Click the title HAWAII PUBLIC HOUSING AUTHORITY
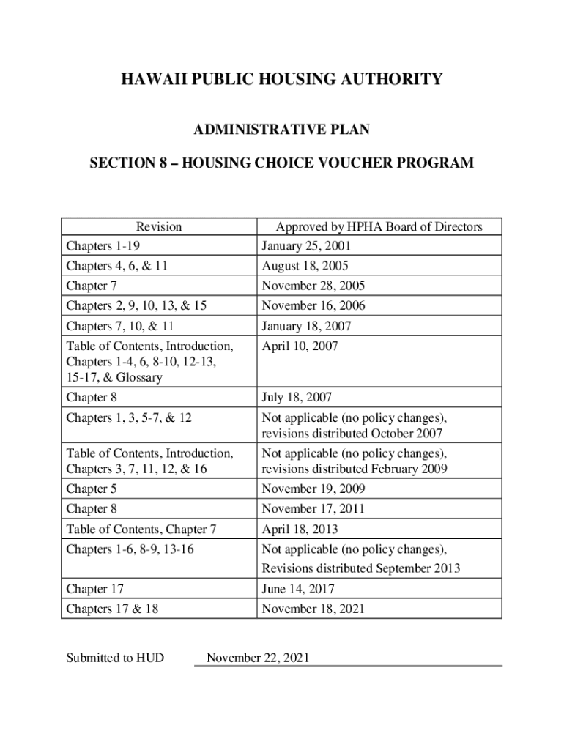281,79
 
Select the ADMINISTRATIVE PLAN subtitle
281,130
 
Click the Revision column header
159,227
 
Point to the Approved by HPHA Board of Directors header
379,227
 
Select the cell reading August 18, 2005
305,267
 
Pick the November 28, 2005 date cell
313,286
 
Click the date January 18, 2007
306,326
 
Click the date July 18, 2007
297,398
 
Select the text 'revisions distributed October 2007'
352,434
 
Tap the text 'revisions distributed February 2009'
355,469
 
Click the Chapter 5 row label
92,489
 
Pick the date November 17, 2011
313,509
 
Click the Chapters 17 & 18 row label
112,609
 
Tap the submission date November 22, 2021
258,658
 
